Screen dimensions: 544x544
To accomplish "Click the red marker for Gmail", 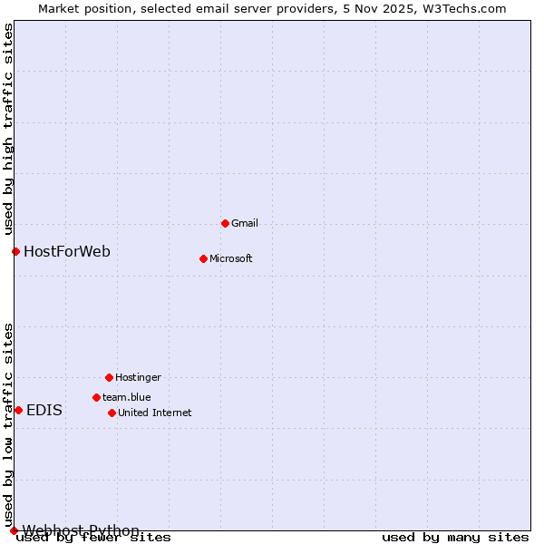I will (225, 223).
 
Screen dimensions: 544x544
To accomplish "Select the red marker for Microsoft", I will (203, 258).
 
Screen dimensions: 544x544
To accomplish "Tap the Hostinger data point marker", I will (109, 377).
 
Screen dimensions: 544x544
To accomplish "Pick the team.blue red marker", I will (96, 397).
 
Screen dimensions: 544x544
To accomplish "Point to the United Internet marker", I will (112, 413).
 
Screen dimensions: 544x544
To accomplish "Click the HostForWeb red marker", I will (15, 251).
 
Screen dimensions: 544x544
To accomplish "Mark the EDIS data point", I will (18, 410).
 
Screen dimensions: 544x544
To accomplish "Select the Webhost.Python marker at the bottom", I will (14, 530).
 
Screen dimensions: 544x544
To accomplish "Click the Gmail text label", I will (245, 223).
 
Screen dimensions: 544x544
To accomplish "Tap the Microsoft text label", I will (230, 258).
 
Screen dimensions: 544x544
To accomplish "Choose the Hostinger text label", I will (138, 377).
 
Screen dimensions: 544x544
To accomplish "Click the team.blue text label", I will (126, 397).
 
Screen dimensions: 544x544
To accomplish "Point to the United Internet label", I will (154, 413).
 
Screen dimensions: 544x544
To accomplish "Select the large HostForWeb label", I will (67, 251).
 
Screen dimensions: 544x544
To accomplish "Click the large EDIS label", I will (44, 410).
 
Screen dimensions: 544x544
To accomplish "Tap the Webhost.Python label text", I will (81, 530).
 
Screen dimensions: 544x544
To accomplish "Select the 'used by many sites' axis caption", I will (455, 538).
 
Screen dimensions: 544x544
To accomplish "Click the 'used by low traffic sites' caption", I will (8, 424).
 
